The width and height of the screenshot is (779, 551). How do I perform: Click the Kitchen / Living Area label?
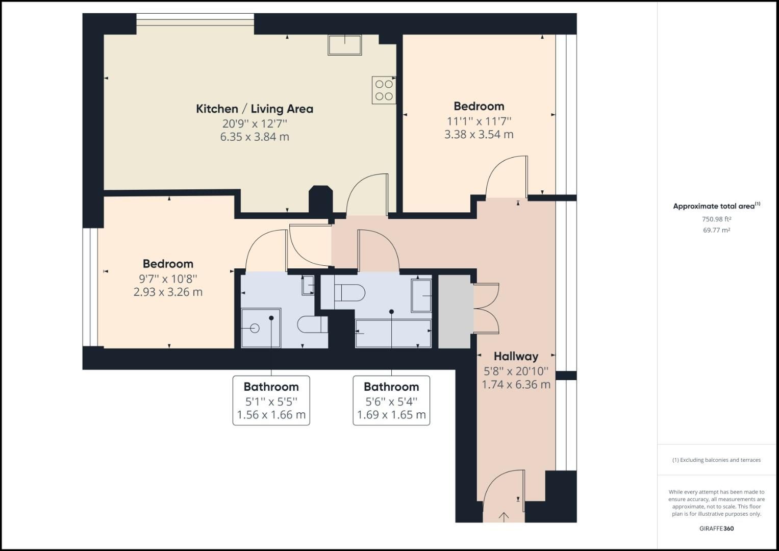[255, 109]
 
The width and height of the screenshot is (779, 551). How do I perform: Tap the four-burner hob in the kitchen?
[384, 90]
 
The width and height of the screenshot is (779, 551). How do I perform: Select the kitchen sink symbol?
[344, 44]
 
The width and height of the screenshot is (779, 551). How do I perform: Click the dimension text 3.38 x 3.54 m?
[479, 135]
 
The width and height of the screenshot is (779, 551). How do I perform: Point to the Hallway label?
[516, 356]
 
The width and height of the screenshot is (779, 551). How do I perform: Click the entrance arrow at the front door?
[504, 517]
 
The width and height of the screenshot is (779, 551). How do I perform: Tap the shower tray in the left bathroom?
[261, 328]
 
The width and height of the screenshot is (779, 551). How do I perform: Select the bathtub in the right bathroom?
[393, 333]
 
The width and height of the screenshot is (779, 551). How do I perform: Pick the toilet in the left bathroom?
[312, 325]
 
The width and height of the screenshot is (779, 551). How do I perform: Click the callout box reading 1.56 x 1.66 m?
[271, 400]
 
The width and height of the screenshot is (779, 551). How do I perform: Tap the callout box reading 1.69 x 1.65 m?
[391, 400]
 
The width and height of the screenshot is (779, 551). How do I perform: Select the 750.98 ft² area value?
[716, 219]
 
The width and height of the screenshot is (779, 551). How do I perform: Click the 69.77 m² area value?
[716, 230]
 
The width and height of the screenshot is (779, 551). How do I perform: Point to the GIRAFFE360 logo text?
[716, 529]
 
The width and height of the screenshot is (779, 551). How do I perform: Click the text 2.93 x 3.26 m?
[168, 292]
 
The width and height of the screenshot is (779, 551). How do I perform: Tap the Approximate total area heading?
[716, 206]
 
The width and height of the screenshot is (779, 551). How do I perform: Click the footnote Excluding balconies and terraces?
[716, 460]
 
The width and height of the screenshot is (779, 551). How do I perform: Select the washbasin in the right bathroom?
[421, 295]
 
